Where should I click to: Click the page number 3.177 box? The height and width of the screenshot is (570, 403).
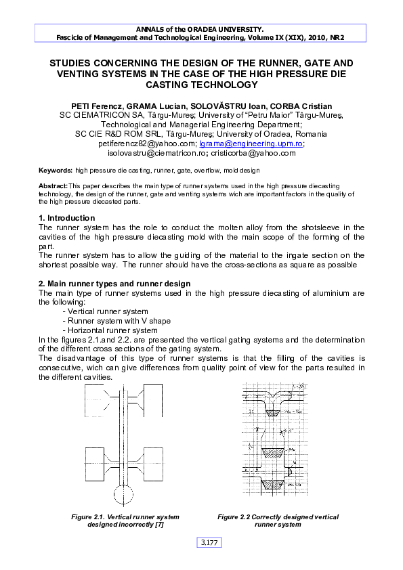(209, 542)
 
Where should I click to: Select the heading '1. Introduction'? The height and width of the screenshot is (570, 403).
(67, 218)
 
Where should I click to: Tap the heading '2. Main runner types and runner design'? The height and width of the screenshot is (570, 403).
(112, 284)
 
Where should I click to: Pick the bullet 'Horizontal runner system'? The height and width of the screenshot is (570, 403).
(110, 330)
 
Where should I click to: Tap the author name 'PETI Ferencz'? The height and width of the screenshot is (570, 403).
(97, 106)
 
